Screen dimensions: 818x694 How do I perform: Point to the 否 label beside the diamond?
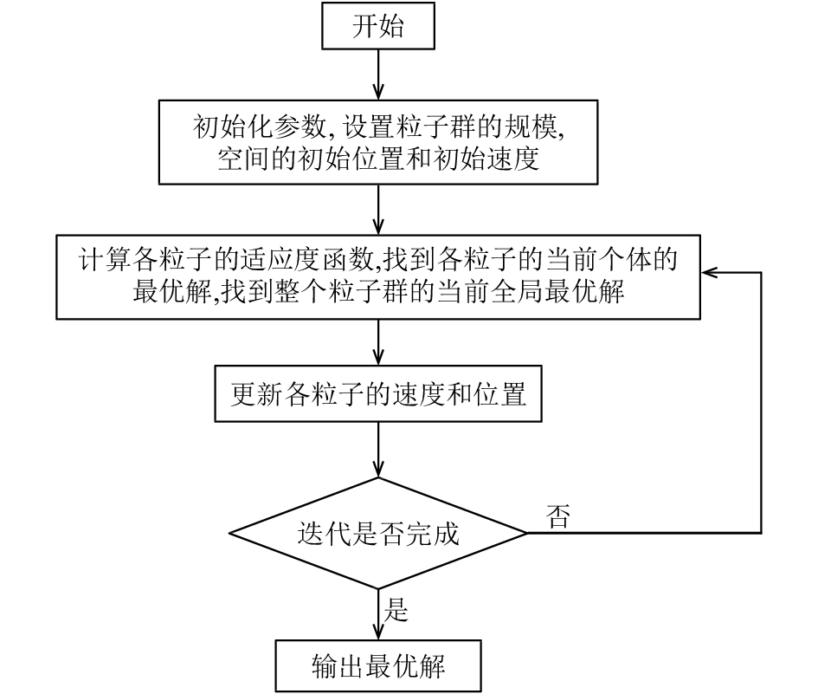(x=558, y=516)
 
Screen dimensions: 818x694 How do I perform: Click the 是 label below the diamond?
(x=396, y=609)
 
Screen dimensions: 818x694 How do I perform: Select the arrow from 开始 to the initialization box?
(x=378, y=75)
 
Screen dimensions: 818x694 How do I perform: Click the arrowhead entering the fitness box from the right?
(x=710, y=272)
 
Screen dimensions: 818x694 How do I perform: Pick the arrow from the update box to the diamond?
(x=378, y=450)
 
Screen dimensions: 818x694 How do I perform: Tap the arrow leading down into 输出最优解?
(x=378, y=614)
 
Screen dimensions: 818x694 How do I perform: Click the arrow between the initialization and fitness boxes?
(x=378, y=210)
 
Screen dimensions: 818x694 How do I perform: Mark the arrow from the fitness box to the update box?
(x=378, y=342)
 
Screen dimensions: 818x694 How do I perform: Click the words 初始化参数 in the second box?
(x=260, y=126)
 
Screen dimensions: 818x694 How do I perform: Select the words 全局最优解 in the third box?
(x=557, y=292)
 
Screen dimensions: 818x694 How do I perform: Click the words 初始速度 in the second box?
(x=486, y=159)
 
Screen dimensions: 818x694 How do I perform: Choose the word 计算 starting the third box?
(x=105, y=260)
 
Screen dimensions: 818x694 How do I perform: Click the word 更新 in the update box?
(x=257, y=394)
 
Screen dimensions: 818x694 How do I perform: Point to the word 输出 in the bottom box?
(x=338, y=666)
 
